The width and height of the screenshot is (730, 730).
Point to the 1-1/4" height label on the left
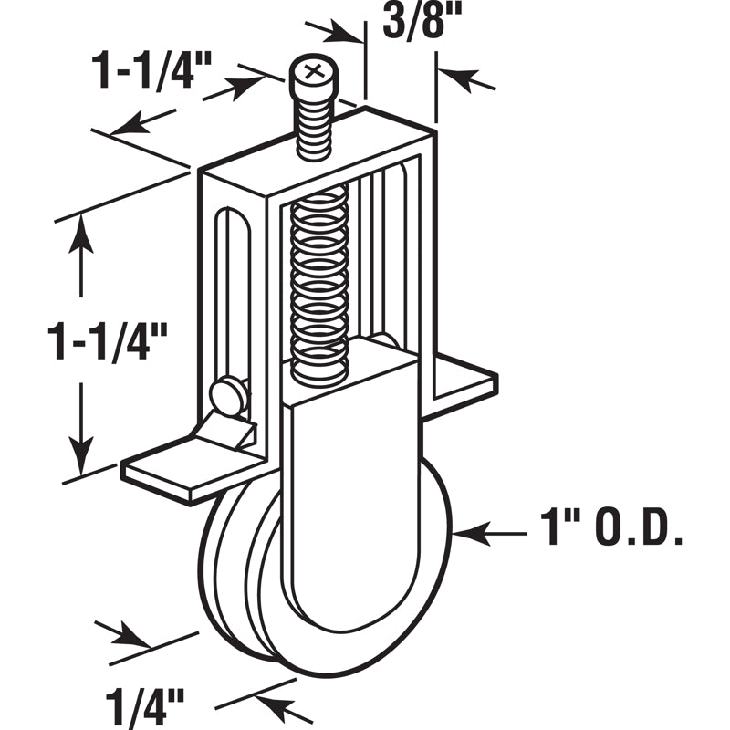click(x=109, y=340)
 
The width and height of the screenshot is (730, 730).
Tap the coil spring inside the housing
click(x=319, y=283)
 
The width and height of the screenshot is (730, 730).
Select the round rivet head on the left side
click(x=229, y=395)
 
